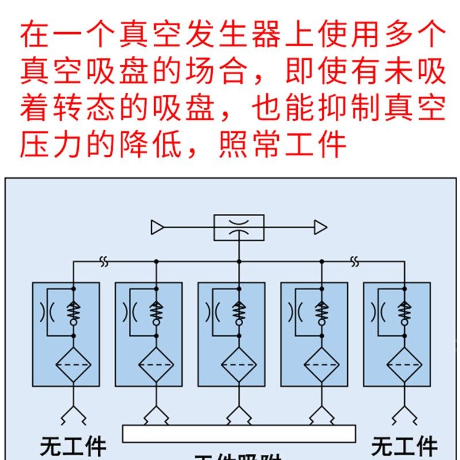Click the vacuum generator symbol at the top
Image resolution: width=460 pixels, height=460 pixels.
click(x=239, y=227)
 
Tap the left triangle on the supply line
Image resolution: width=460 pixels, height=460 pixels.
click(x=157, y=228)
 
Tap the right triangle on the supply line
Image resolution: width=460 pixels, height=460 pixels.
click(x=320, y=228)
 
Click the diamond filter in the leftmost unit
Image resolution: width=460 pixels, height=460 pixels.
click(x=73, y=364)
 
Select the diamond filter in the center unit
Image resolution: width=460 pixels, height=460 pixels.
click(x=239, y=364)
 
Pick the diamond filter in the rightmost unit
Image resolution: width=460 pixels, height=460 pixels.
click(x=404, y=364)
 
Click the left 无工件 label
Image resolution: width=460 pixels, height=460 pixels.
click(x=74, y=447)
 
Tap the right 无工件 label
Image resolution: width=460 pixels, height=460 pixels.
click(x=404, y=447)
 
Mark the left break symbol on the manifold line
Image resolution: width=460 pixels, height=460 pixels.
click(x=104, y=262)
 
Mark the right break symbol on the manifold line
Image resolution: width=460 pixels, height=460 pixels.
click(x=355, y=262)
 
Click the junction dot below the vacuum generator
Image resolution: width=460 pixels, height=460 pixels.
click(x=239, y=262)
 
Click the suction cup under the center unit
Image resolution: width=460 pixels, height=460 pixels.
click(x=239, y=414)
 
